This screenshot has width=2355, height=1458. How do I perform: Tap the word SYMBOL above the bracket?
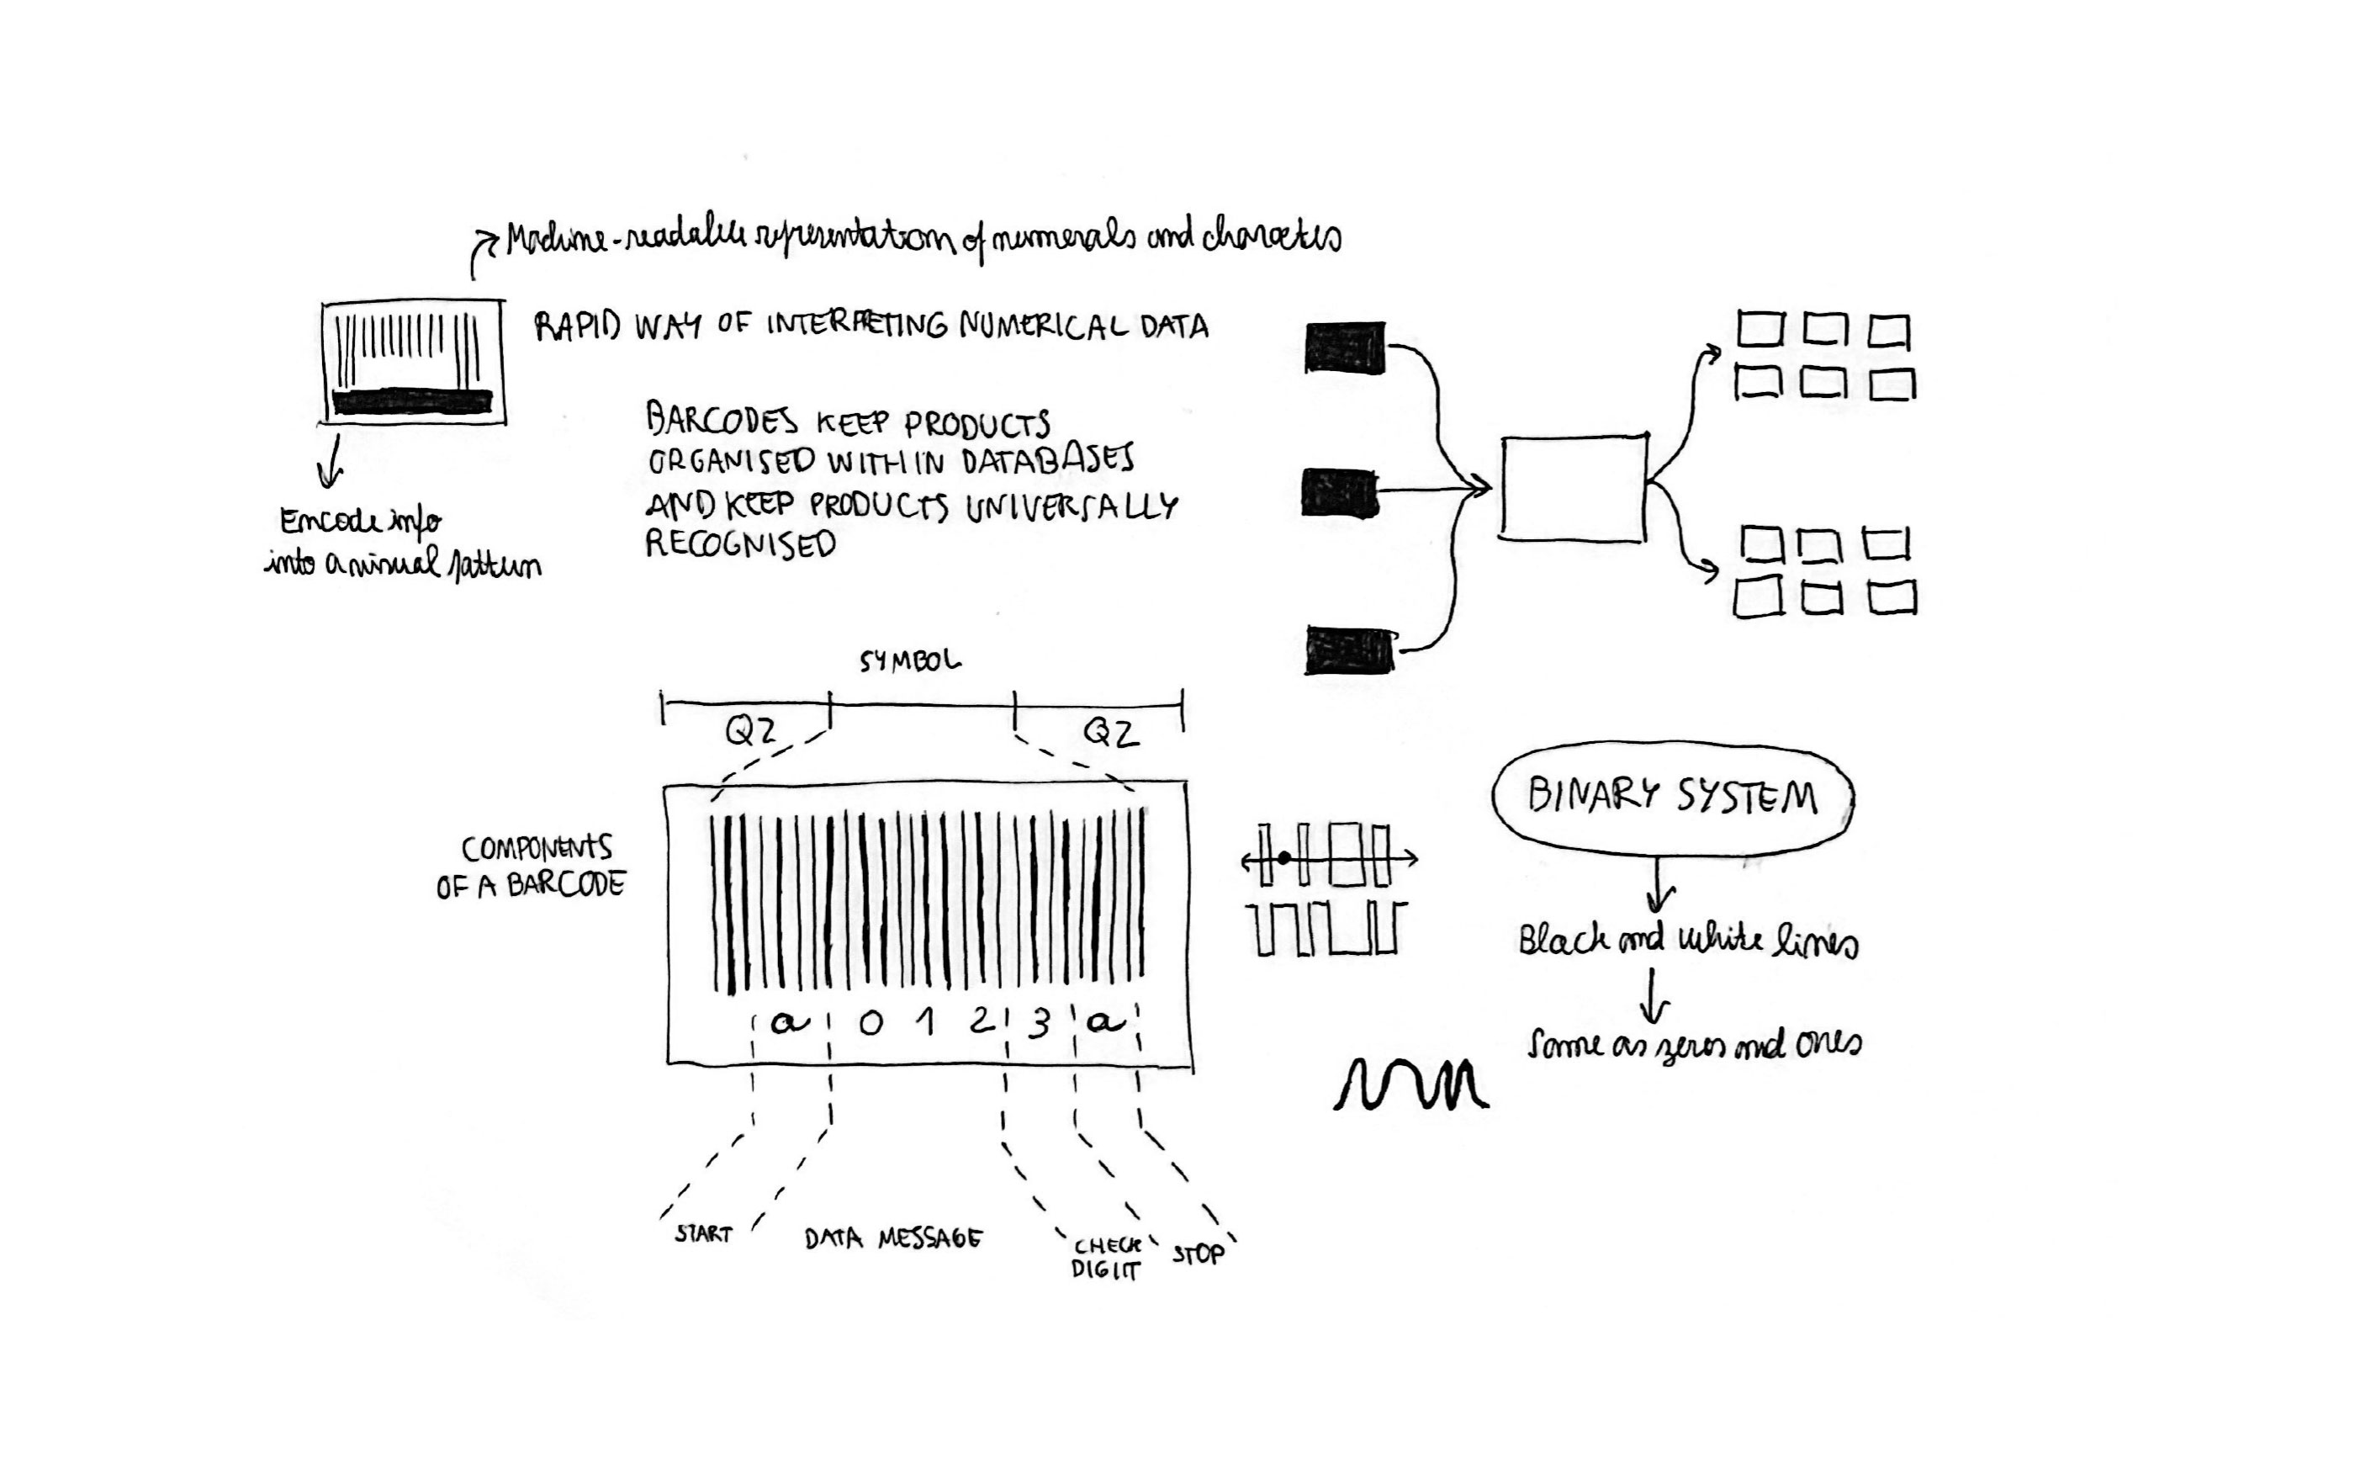click(x=910, y=661)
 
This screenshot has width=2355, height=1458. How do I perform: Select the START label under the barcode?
click(x=704, y=1234)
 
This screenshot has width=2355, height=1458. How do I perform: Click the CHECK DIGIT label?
click(x=1107, y=1259)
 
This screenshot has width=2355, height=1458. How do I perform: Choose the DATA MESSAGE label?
click(x=892, y=1238)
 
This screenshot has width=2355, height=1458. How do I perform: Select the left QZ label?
click(x=750, y=733)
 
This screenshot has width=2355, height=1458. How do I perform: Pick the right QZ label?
click(x=1110, y=734)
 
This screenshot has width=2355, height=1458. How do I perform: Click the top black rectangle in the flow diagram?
click(x=1345, y=347)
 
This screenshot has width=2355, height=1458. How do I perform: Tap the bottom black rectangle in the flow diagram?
click(x=1348, y=651)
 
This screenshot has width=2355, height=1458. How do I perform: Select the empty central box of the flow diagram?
click(x=1573, y=488)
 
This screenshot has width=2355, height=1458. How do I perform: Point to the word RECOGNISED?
click(x=740, y=545)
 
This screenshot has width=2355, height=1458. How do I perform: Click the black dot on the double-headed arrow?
click(x=1285, y=857)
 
